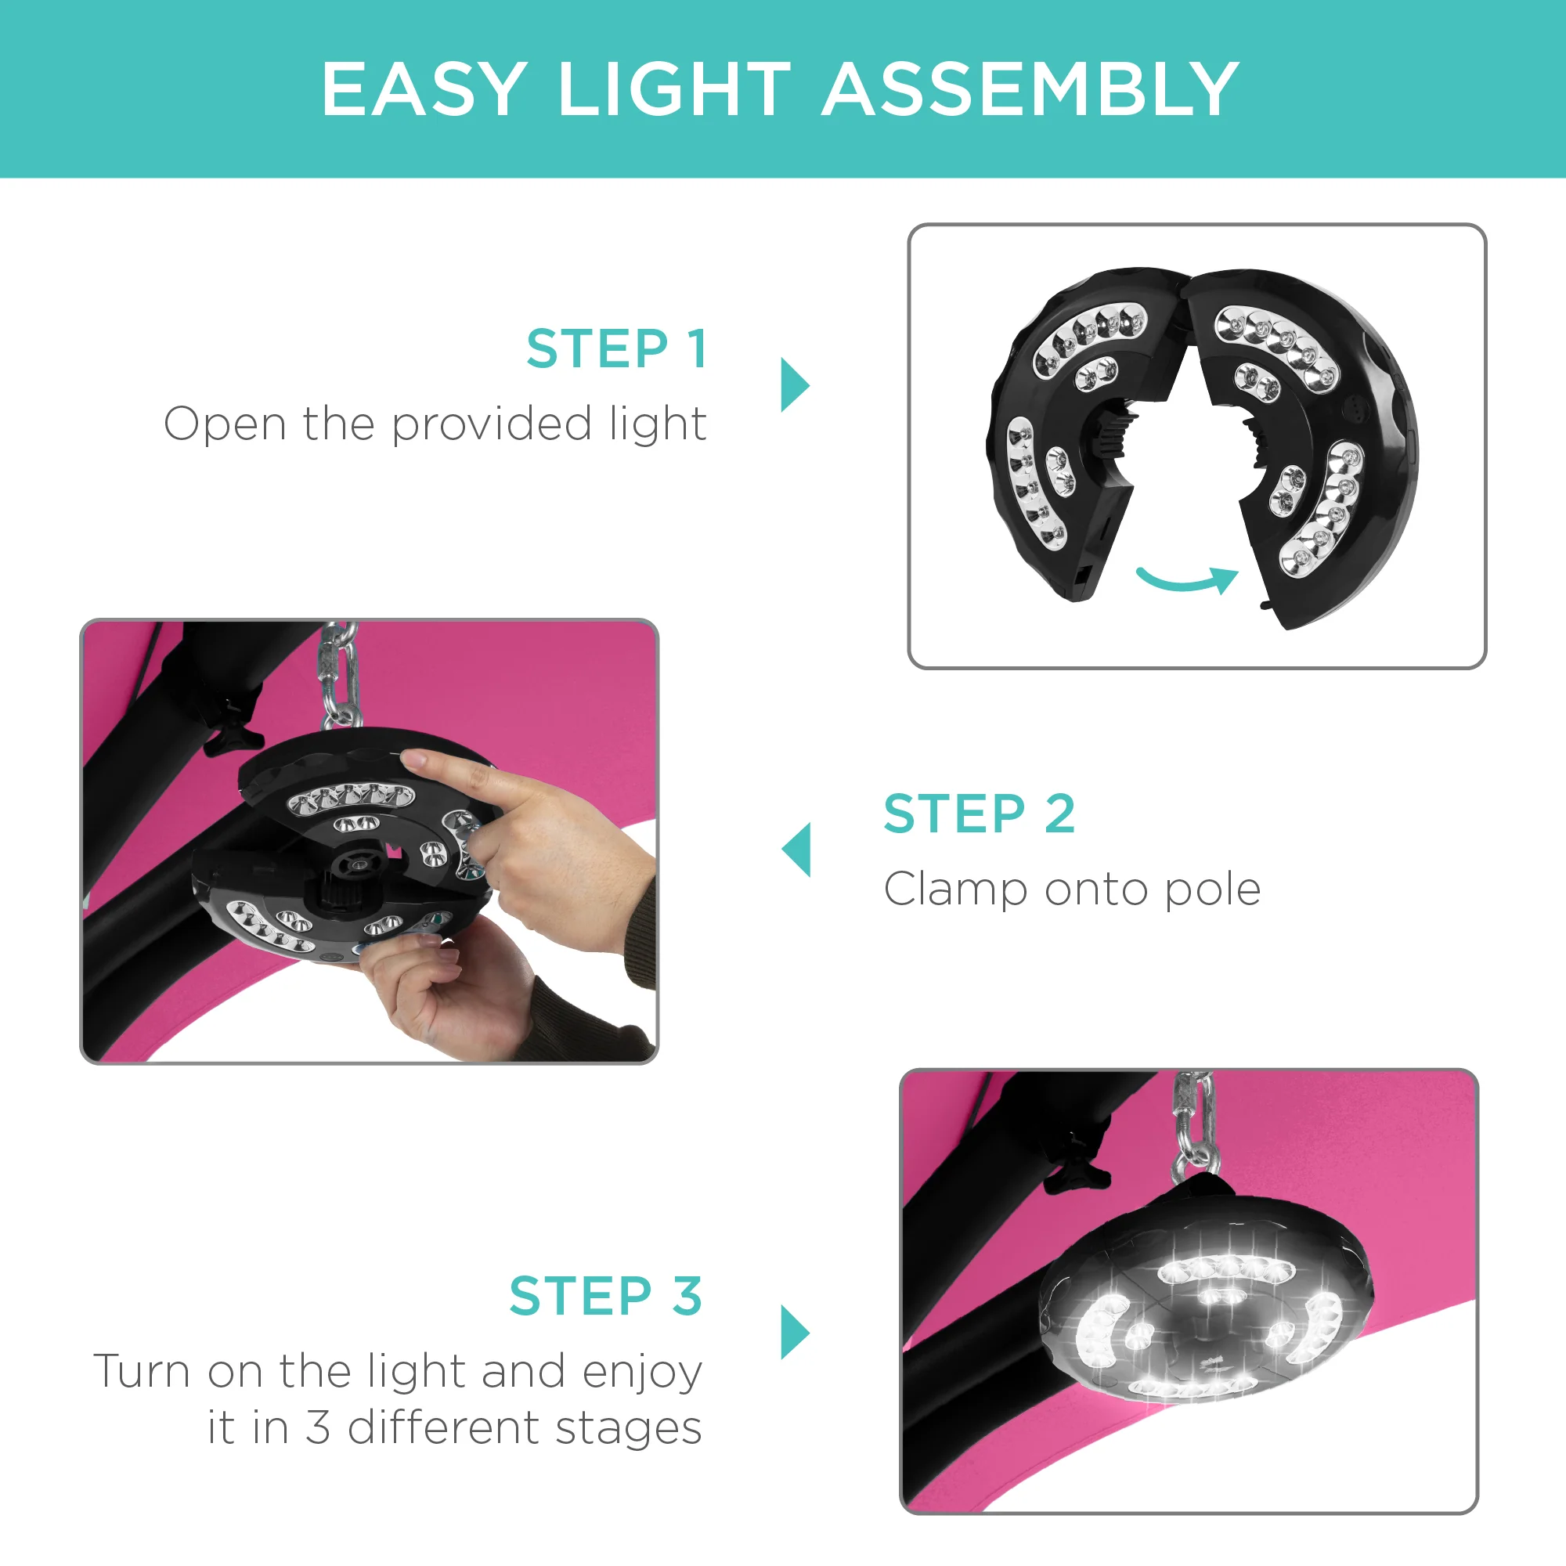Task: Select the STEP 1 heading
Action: tap(617, 349)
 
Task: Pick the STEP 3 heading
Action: tap(605, 1296)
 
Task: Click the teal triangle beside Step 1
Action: tap(793, 384)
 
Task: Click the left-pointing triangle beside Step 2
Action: tap(797, 850)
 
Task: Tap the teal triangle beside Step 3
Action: tap(793, 1332)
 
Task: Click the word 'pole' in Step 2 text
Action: tap(1212, 890)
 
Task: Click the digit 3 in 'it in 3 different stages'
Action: tap(318, 1427)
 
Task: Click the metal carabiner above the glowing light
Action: tap(1193, 1127)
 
